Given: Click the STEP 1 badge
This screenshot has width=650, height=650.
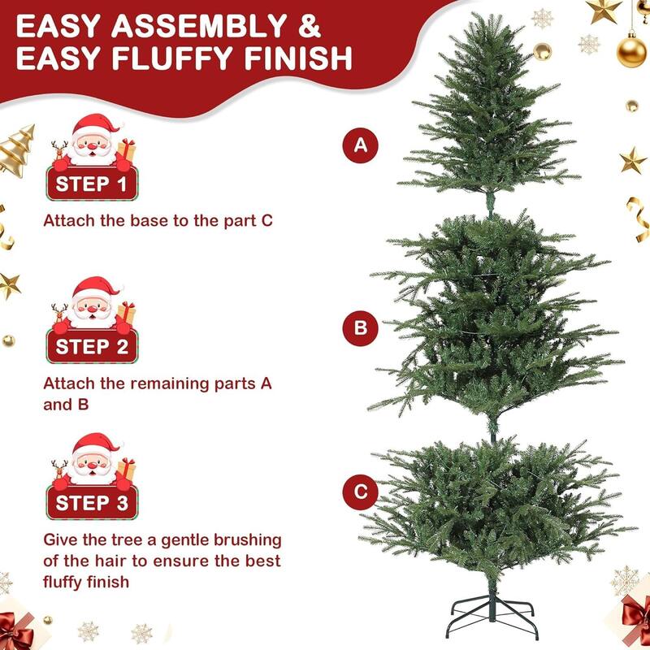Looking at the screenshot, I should coord(90,184).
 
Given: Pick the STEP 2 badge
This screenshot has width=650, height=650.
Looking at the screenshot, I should coord(90,347).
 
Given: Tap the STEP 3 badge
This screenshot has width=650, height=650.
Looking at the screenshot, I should coord(90,503).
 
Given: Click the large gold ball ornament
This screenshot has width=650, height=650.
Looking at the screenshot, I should coord(631,51).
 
